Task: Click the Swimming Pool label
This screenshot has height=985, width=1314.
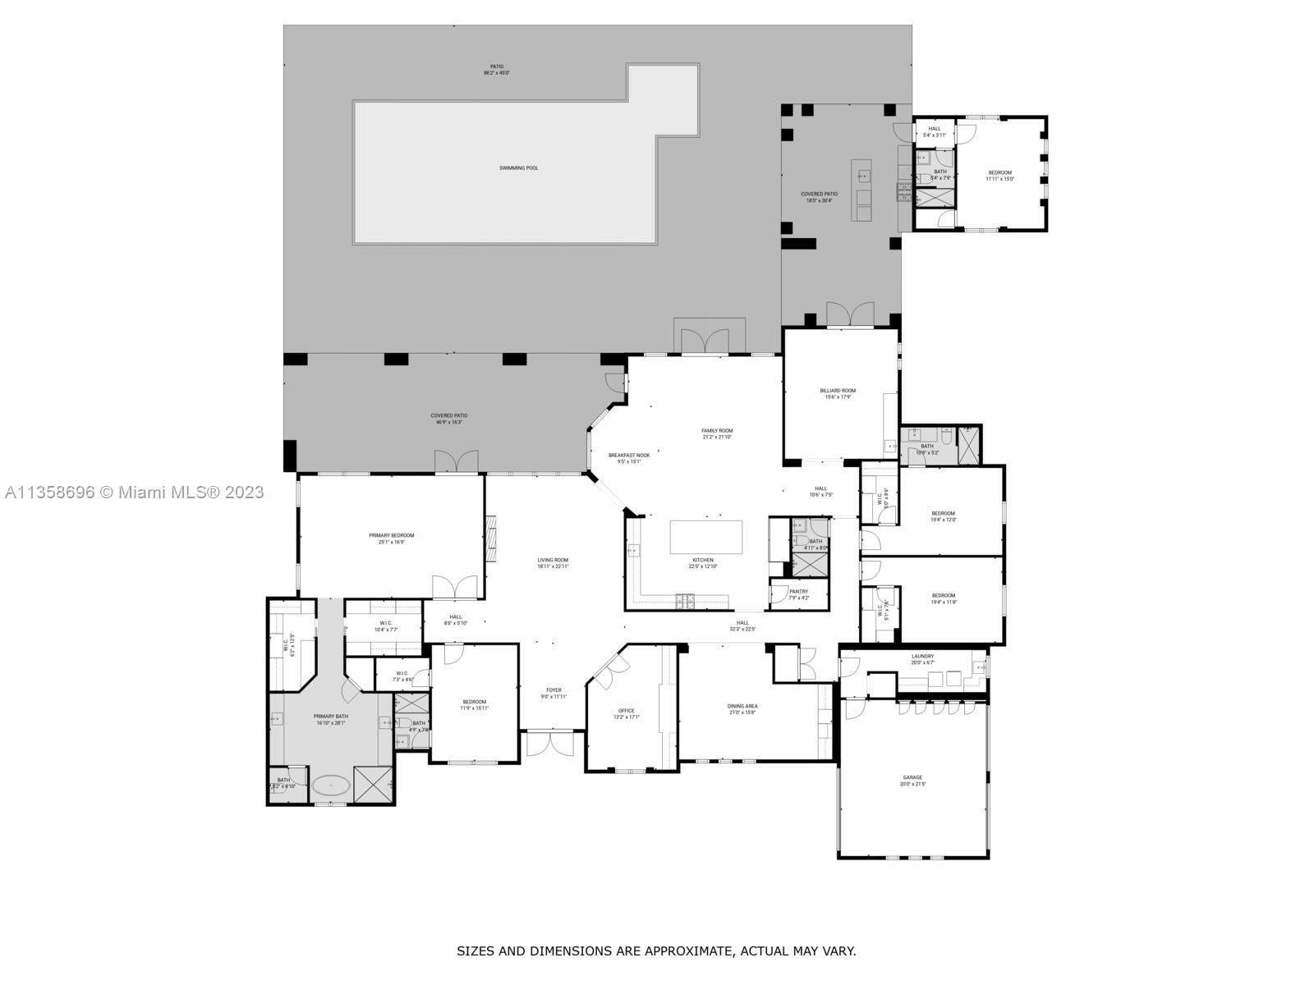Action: (x=518, y=168)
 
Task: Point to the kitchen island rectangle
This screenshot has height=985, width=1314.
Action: (x=706, y=538)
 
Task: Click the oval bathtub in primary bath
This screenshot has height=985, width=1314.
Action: (x=330, y=786)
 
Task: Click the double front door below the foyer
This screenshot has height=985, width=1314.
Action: (x=549, y=744)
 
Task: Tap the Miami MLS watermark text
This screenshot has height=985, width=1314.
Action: (x=134, y=492)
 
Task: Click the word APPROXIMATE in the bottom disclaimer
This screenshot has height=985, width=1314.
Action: (x=688, y=951)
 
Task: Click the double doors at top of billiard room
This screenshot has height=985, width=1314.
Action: (x=850, y=314)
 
